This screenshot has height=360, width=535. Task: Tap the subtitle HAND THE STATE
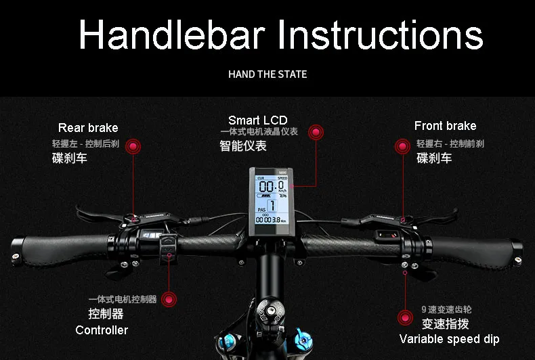tap(267, 74)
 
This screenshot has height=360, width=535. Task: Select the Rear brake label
tap(88, 127)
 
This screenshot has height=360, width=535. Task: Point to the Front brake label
tap(445, 126)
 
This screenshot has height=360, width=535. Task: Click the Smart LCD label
tap(257, 120)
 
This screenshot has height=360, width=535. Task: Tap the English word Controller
tap(102, 330)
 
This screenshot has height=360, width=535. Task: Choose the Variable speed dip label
tap(449, 339)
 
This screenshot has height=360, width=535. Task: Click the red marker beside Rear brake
tap(134, 145)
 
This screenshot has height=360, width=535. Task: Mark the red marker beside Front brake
tap(402, 145)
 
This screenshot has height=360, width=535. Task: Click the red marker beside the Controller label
tap(169, 299)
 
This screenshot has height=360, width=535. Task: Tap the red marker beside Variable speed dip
tap(405, 317)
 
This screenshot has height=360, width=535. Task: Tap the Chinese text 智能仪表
tap(243, 145)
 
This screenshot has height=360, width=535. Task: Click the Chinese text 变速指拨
tap(445, 323)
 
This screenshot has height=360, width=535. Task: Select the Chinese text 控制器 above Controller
tap(106, 314)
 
